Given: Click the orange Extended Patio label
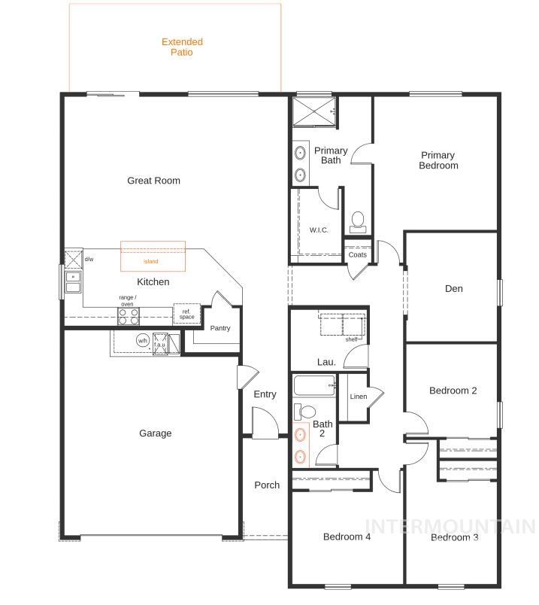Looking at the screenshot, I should [x=182, y=47].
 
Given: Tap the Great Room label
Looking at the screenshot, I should [x=153, y=181].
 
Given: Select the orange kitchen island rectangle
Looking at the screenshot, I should [x=153, y=257].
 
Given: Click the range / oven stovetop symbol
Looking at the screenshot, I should [x=128, y=317].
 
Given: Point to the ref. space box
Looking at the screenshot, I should [x=186, y=314].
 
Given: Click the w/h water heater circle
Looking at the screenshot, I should [x=142, y=341].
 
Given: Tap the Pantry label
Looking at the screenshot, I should [x=220, y=328].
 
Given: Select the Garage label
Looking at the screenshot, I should [x=155, y=433].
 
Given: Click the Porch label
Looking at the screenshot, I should [x=267, y=485].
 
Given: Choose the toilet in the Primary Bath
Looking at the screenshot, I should [x=358, y=221].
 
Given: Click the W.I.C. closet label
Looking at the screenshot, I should [x=319, y=230].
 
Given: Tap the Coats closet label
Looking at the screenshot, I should [x=358, y=255].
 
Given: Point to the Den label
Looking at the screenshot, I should [x=453, y=289].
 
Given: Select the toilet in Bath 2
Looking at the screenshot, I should [x=305, y=412].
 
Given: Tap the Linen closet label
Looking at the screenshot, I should [x=359, y=397].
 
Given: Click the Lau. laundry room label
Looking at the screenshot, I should [x=326, y=362].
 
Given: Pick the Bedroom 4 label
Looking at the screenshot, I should [x=347, y=537].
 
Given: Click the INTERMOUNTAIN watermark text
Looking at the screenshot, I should [x=450, y=526].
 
